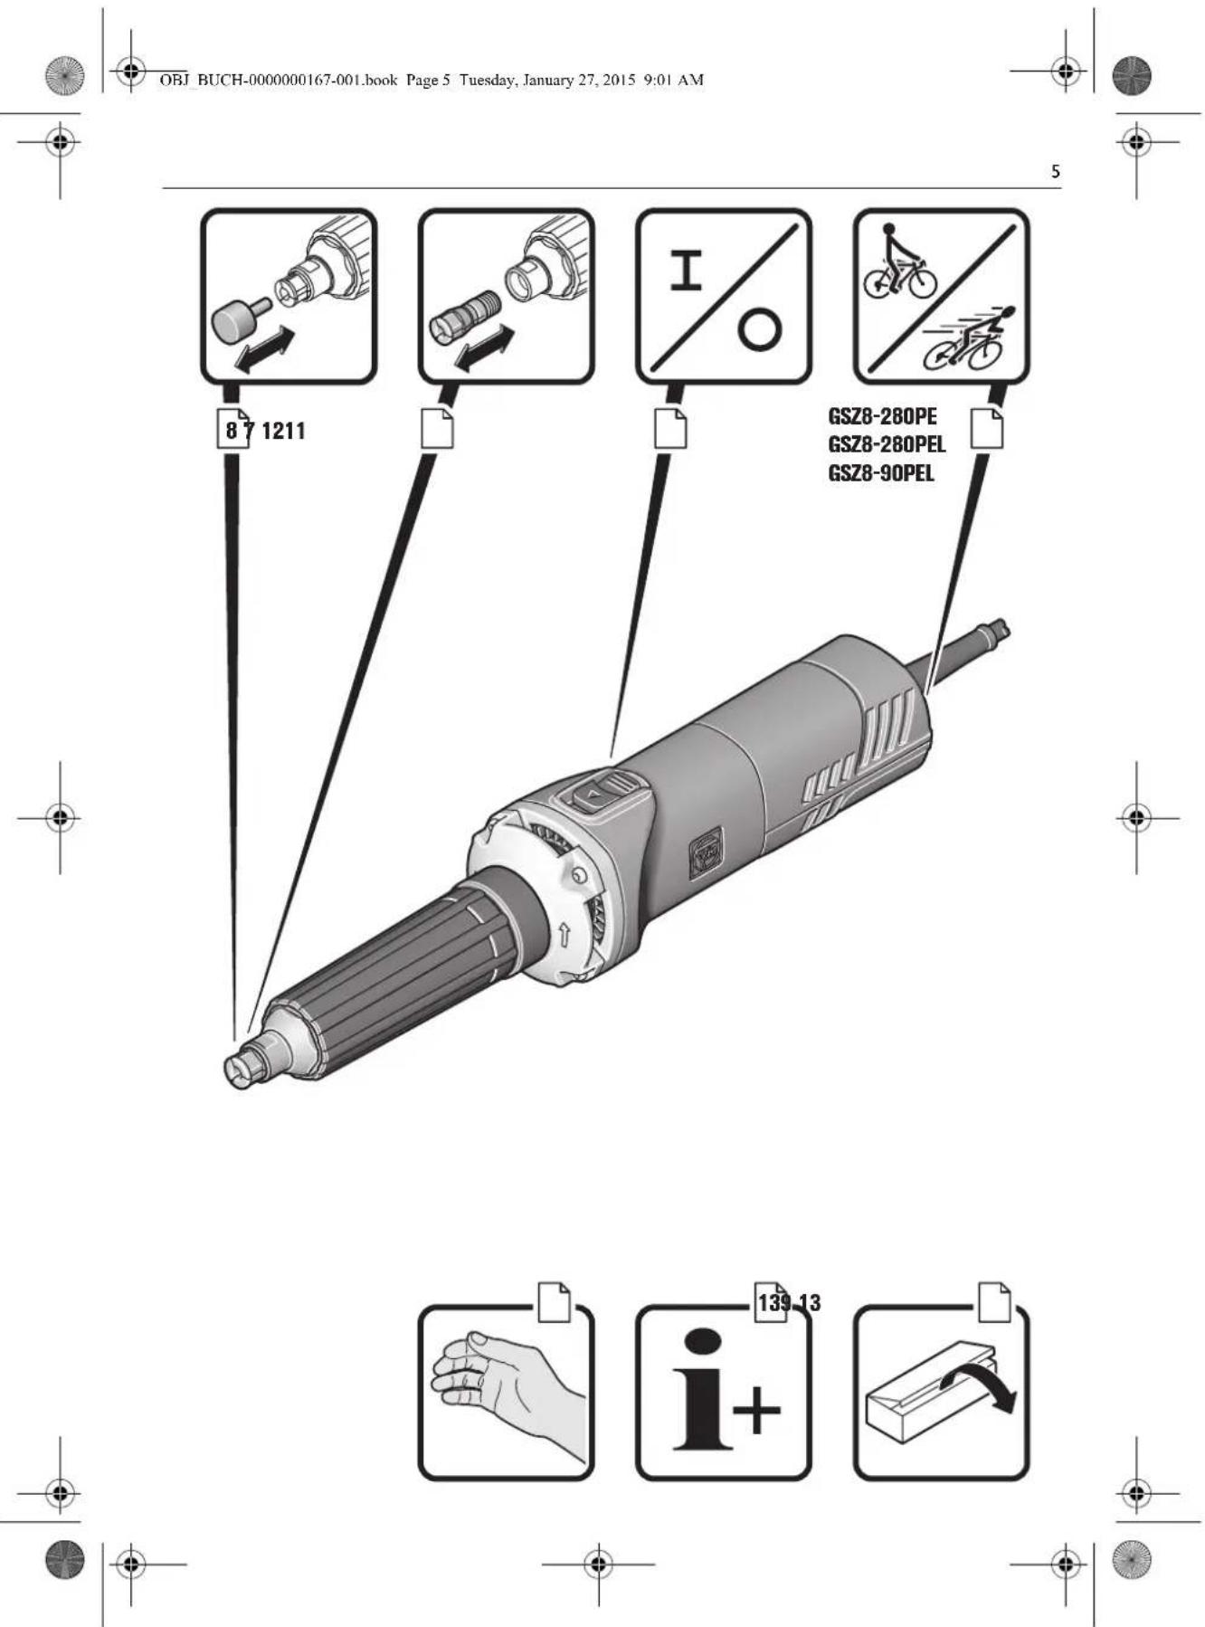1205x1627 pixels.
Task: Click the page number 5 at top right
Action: tap(1055, 171)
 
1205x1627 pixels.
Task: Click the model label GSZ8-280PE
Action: tap(882, 417)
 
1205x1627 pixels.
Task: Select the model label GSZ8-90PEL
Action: tap(881, 473)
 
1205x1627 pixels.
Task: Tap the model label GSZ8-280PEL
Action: tap(887, 445)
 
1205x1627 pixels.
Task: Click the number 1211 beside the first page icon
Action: tap(283, 431)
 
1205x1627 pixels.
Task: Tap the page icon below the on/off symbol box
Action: tap(670, 429)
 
